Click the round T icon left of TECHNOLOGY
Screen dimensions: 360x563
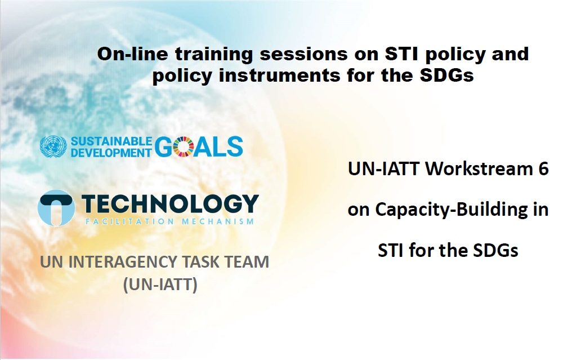click(56, 207)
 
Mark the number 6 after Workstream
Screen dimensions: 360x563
click(543, 169)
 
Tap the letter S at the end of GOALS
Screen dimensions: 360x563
click(234, 146)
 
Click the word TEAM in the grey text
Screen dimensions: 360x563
click(246, 262)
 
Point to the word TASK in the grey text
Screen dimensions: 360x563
click(200, 262)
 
